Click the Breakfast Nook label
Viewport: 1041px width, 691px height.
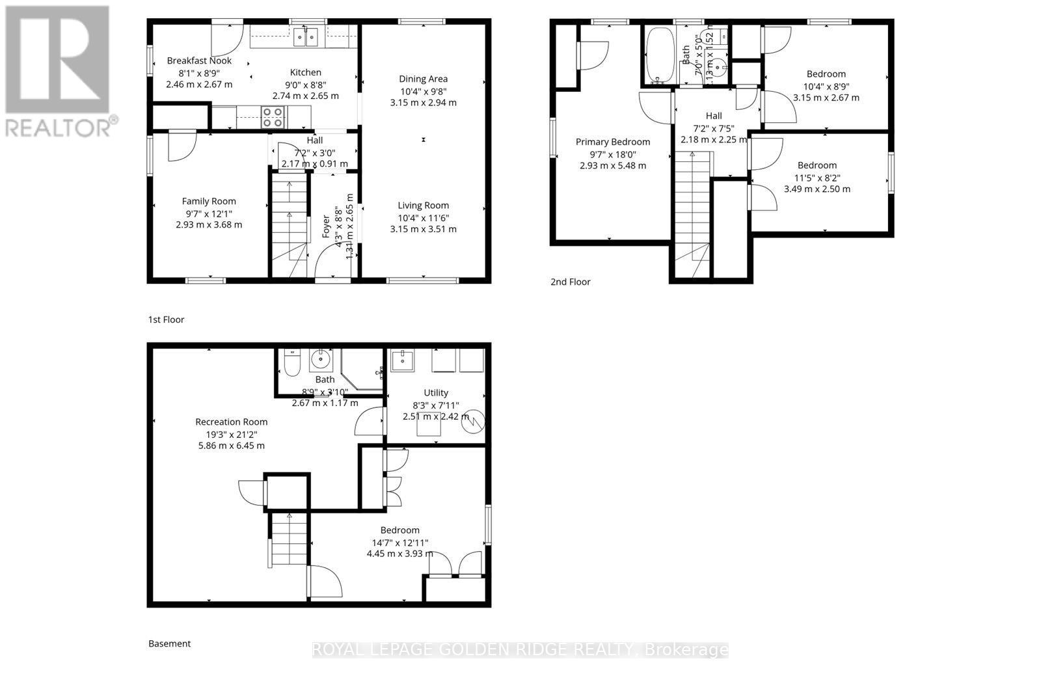tap(199, 61)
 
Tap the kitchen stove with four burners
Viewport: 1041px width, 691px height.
tap(273, 117)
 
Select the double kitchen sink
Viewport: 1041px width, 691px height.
tap(306, 38)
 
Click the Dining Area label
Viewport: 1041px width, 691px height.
tap(423, 79)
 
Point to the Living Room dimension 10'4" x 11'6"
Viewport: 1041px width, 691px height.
tap(423, 217)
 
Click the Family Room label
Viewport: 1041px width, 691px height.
tap(209, 201)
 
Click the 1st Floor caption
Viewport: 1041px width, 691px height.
tap(166, 319)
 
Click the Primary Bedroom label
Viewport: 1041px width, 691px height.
tap(612, 142)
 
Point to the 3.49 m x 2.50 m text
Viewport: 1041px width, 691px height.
tap(817, 189)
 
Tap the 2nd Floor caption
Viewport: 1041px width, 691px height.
tap(571, 282)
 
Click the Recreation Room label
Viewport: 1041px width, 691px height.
tap(231, 422)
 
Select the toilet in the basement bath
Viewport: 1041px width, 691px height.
tap(291, 362)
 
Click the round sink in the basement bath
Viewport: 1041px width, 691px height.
tap(320, 359)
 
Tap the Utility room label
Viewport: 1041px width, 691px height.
tap(435, 392)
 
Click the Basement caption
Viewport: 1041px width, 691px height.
tap(169, 644)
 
